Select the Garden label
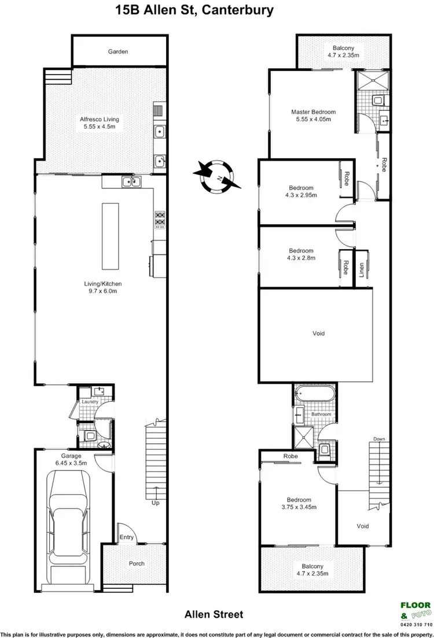[117, 52]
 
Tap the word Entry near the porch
[127, 537]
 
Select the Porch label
[137, 563]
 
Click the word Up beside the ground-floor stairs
[155, 503]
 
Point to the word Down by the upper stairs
[379, 439]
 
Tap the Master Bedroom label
[312, 112]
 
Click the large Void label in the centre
[318, 333]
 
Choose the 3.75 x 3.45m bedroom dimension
[299, 507]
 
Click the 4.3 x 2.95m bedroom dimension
[301, 195]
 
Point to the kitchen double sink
[131, 183]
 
